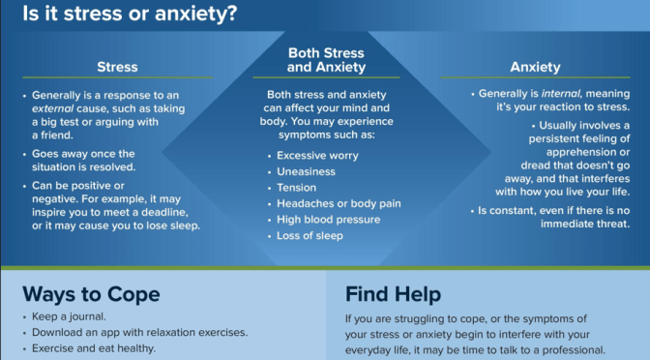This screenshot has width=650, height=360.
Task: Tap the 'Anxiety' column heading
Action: click(x=536, y=67)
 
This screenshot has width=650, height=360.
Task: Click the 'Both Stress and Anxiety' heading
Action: click(x=325, y=60)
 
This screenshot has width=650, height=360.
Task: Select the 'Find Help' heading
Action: click(x=393, y=293)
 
